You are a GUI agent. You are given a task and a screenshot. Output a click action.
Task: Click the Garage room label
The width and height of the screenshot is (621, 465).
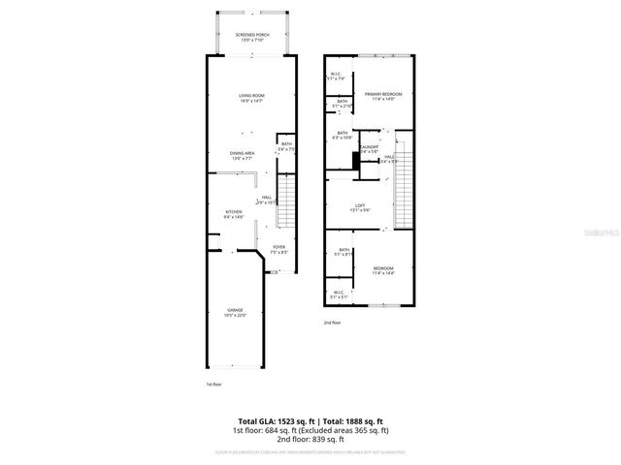click(236, 312)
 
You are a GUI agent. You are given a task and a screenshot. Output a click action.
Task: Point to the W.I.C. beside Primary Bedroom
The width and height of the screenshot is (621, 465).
click(335, 76)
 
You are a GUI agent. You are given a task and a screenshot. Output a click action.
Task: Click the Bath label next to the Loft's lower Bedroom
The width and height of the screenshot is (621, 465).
click(343, 252)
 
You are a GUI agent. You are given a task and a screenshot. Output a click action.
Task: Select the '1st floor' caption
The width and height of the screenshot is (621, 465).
click(212, 385)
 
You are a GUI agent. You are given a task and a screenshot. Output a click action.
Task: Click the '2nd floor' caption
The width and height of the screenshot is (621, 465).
click(333, 323)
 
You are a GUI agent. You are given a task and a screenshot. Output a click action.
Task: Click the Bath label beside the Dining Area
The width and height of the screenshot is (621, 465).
click(286, 147)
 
